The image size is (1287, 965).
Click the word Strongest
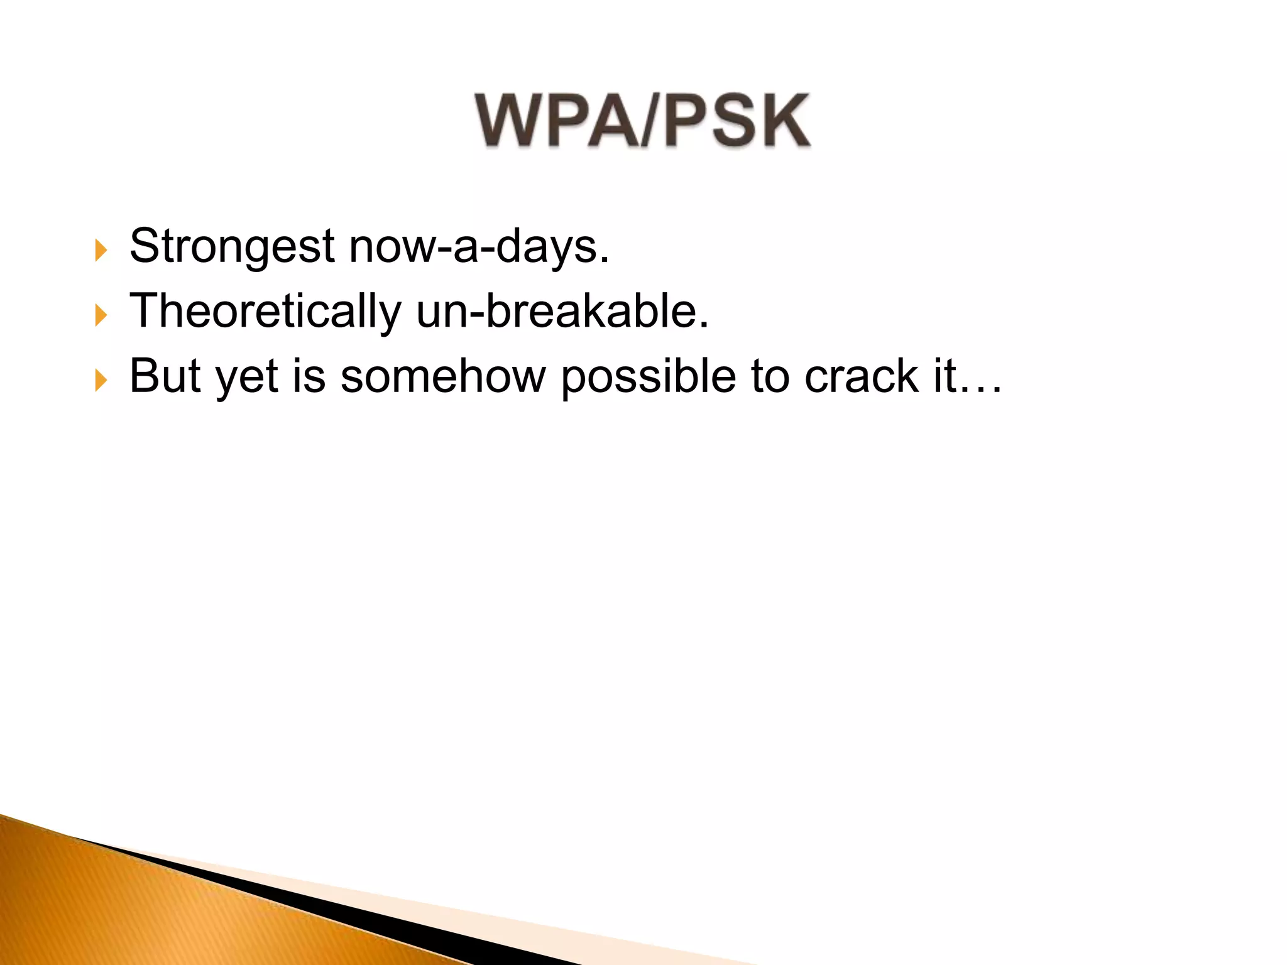coord(231,246)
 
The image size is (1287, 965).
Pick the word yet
coord(246,377)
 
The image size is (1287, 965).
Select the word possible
coord(648,377)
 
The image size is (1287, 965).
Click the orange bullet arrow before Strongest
coord(101,249)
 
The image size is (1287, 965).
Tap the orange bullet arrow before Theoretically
coord(101,315)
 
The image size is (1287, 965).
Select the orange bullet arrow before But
coord(101,379)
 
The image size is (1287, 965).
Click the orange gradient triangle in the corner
coord(126,911)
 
